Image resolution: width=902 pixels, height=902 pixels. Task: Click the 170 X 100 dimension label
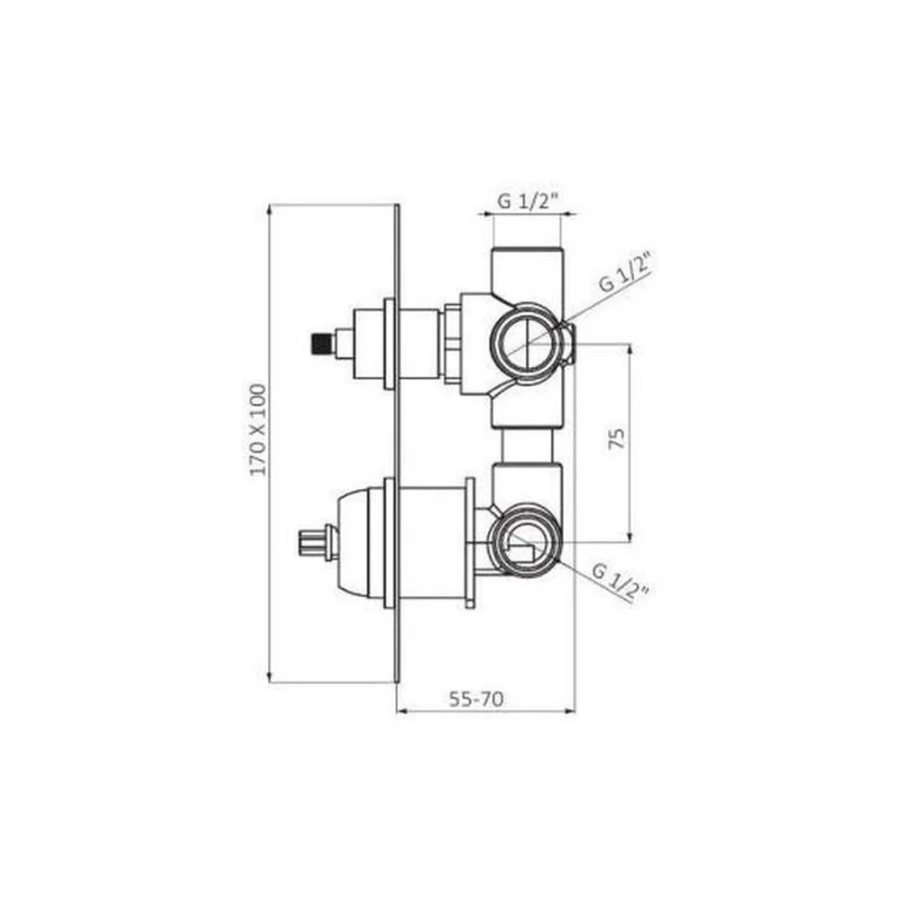pyautogui.click(x=259, y=429)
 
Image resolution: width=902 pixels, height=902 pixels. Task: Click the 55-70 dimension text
pyautogui.click(x=475, y=699)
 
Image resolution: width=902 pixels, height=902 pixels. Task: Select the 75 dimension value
pyautogui.click(x=616, y=438)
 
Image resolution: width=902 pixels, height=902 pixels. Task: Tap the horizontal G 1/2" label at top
pyautogui.click(x=528, y=201)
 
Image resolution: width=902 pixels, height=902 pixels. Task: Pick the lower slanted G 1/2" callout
pyautogui.click(x=621, y=582)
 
